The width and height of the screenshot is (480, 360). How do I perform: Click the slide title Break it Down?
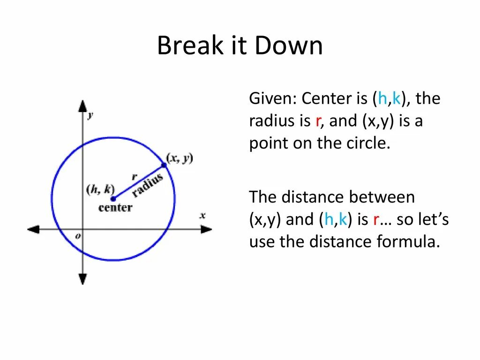[240, 46]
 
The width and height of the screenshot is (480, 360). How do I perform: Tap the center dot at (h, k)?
[113, 198]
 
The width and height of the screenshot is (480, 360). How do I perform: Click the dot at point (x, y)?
[164, 165]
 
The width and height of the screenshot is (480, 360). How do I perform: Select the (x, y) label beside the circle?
[180, 158]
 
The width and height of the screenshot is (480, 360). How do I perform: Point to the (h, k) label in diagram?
[100, 189]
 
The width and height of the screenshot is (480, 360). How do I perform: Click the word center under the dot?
[115, 207]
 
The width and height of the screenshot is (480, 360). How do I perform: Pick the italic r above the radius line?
[134, 177]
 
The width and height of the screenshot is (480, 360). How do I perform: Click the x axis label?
[202, 216]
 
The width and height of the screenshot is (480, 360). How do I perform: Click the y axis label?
[90, 115]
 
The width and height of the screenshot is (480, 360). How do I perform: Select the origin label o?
[78, 236]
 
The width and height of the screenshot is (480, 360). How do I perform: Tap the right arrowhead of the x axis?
[207, 229]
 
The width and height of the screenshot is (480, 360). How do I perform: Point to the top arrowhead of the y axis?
[82, 105]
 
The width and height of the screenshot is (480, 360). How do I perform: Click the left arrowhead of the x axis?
[33, 229]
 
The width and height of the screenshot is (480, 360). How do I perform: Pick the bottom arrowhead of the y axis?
[82, 279]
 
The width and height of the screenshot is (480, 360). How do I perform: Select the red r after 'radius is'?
[318, 121]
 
